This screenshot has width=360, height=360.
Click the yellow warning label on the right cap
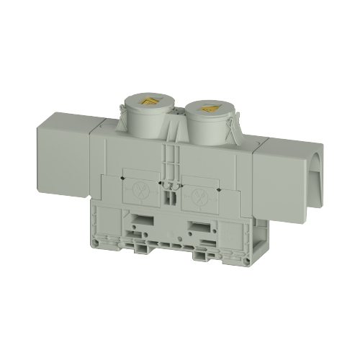[x=209, y=109]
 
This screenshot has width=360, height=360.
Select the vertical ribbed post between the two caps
[x=171, y=155]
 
